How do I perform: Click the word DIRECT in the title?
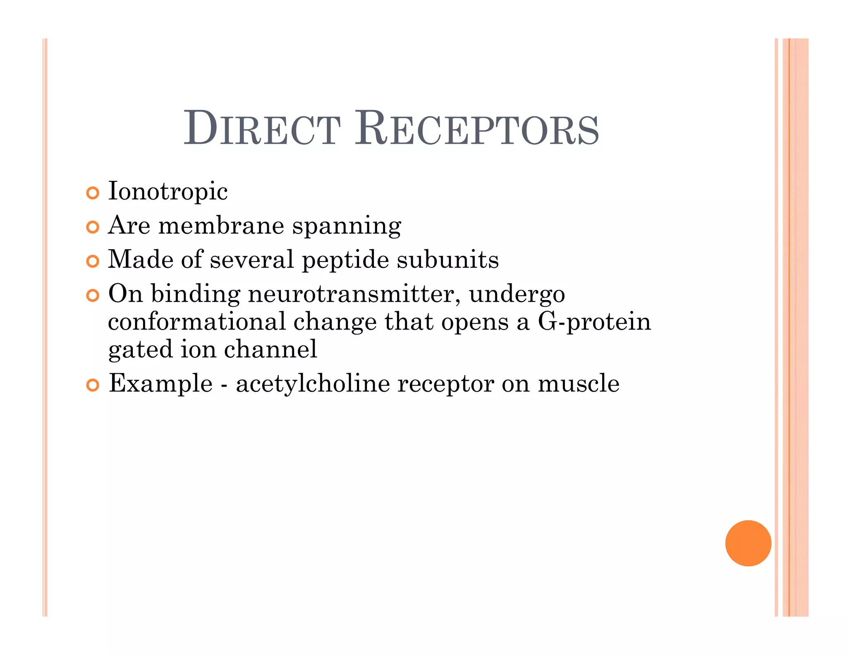pos(262,128)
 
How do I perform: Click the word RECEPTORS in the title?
pos(477,128)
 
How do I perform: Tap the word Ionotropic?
pos(167,192)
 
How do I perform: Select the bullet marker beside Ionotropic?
pos(93,193)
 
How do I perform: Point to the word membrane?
pos(221,226)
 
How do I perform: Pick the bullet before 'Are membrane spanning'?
pos(93,227)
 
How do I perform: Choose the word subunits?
pos(447,260)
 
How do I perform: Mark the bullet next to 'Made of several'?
pos(93,261)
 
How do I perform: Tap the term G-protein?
pos(594,322)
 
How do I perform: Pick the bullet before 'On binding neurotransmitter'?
pos(93,295)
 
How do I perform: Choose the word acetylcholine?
pos(313,383)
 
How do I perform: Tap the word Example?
pos(160,384)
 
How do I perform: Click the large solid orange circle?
pos(748,543)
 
